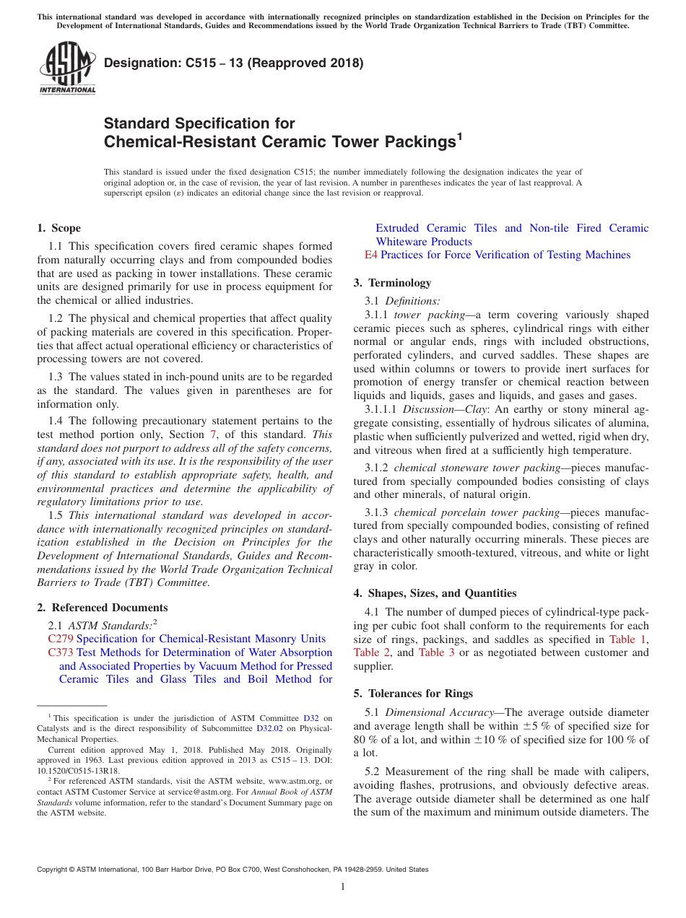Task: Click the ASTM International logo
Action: (67, 69)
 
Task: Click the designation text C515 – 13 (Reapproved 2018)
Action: (233, 64)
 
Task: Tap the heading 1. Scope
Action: (58, 228)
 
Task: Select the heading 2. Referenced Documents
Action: (103, 608)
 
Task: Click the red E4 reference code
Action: (370, 255)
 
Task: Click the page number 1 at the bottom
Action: (343, 887)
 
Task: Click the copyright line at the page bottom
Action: (233, 870)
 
